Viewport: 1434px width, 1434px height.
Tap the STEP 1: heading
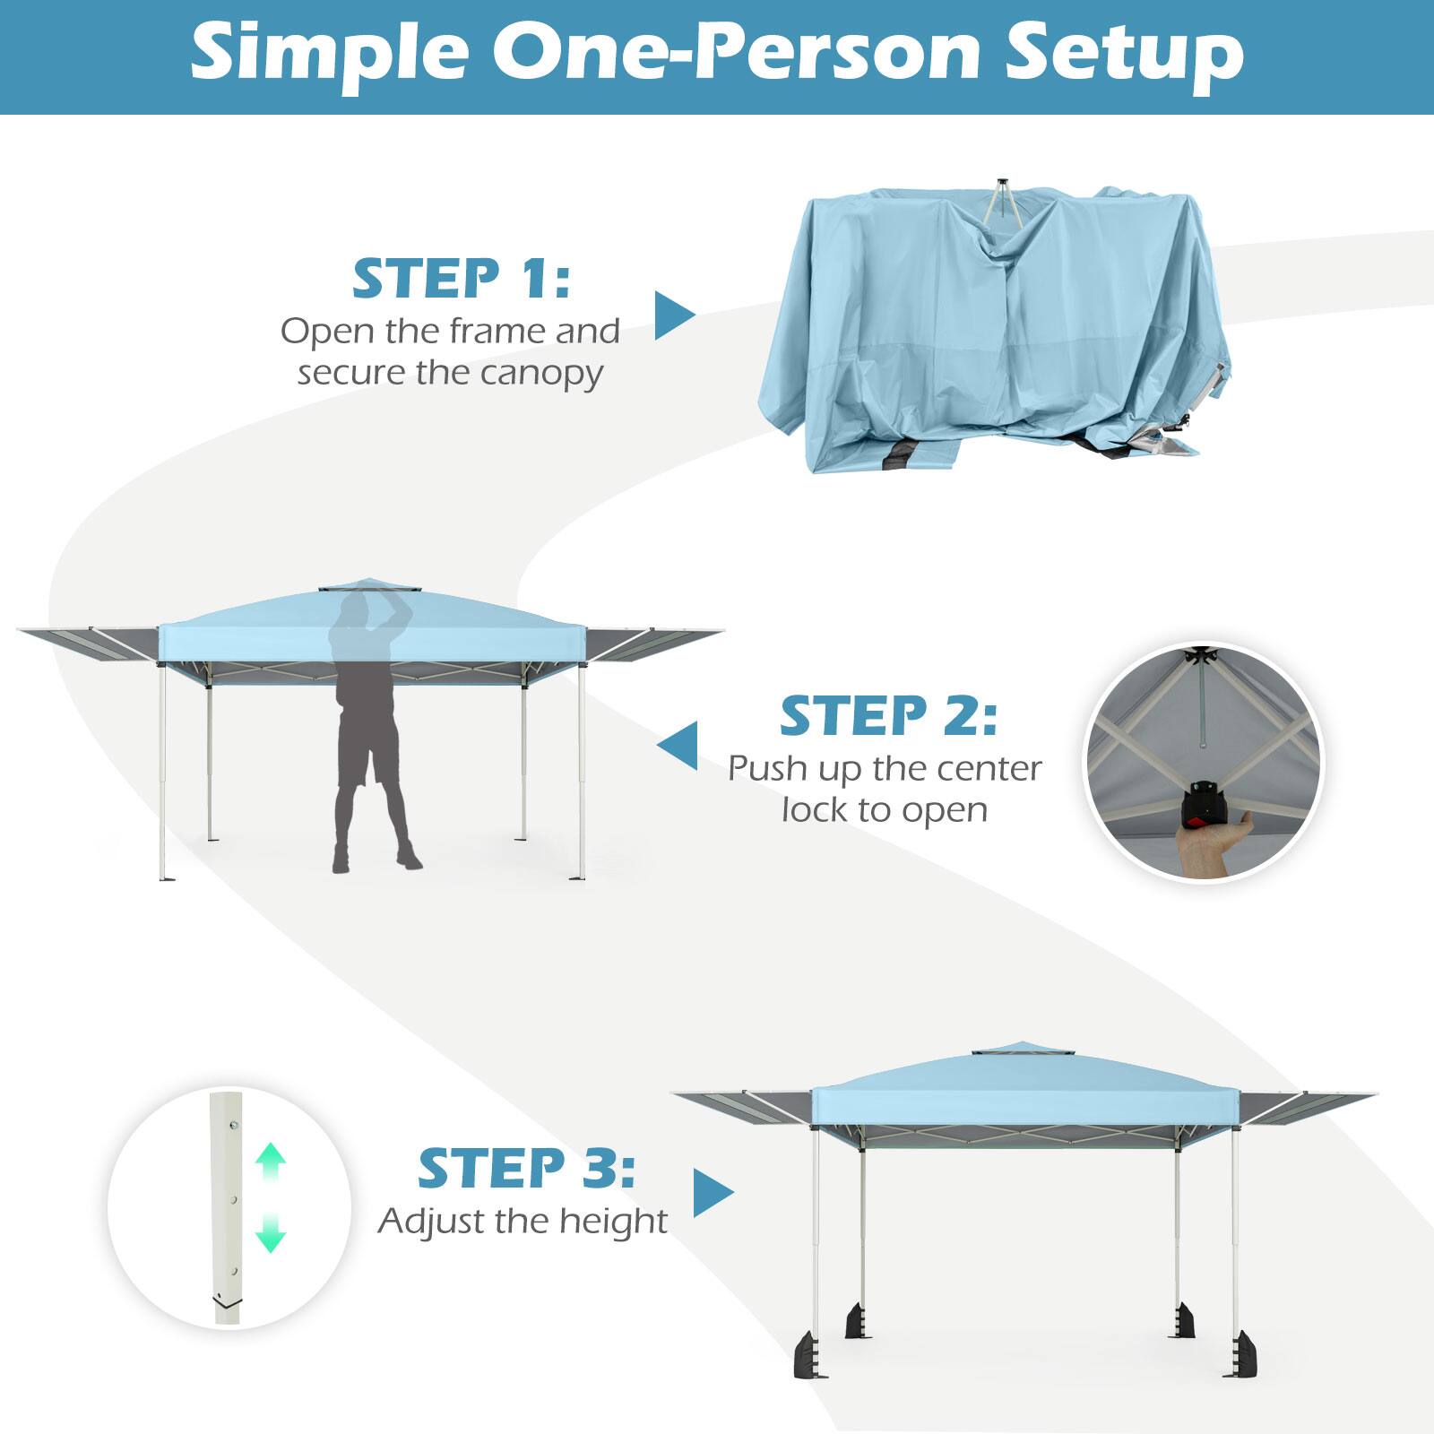pyautogui.click(x=461, y=279)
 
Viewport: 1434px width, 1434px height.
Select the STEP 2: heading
pyautogui.click(x=887, y=715)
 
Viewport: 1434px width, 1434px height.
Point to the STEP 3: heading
pyautogui.click(x=526, y=1169)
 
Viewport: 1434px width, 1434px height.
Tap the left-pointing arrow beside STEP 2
pyautogui.click(x=678, y=746)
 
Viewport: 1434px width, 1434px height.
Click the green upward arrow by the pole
pyautogui.click(x=270, y=1160)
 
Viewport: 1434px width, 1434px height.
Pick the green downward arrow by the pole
pyautogui.click(x=270, y=1234)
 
